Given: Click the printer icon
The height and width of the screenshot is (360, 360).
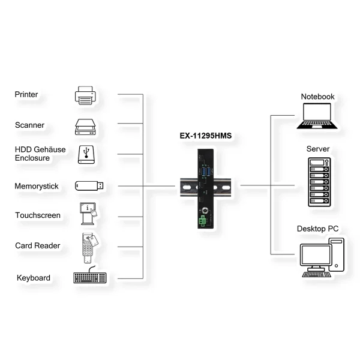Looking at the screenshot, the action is (x=85, y=95).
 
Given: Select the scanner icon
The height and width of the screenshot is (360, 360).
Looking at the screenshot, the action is (x=85, y=127).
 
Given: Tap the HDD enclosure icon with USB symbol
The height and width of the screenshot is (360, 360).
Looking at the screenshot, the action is (x=86, y=155).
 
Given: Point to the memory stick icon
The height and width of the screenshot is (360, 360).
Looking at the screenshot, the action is (x=89, y=186).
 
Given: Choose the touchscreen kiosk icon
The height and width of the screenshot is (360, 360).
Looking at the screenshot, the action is (x=88, y=214).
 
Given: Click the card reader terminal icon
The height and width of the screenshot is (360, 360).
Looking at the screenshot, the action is (x=90, y=248).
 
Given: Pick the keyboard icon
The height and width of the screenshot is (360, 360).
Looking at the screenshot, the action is (x=90, y=275).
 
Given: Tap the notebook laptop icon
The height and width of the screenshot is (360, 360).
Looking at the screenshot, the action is (x=317, y=116).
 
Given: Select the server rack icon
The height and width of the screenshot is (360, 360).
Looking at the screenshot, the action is (x=319, y=182).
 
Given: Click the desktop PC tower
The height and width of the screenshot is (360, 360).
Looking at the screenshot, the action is (x=337, y=254).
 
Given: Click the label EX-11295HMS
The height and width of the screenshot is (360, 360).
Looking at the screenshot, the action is (x=205, y=136).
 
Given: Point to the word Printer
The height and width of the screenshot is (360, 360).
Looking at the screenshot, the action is (x=26, y=94).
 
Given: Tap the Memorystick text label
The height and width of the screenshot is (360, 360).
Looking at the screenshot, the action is (x=36, y=186).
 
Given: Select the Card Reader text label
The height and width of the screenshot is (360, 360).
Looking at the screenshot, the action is (x=37, y=245).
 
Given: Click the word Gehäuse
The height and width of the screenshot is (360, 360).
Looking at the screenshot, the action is (x=50, y=149).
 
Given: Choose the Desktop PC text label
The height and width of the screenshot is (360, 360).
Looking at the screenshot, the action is (x=317, y=229).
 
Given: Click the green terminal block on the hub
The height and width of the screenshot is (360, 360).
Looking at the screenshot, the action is (x=202, y=221).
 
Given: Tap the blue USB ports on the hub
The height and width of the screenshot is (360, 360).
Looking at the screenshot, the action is (x=206, y=172).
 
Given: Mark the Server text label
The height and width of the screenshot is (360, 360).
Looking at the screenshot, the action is (x=318, y=149).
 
